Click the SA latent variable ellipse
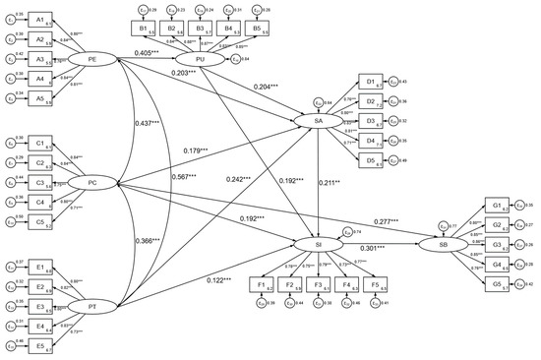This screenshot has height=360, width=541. [x=317, y=121]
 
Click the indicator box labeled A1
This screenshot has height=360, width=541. [x=38, y=20]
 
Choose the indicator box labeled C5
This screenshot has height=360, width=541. [x=38, y=220]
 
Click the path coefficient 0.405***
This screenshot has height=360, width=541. [x=145, y=49]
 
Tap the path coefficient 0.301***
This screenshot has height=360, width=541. [x=380, y=250]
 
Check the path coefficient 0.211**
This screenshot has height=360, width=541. [x=331, y=182]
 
